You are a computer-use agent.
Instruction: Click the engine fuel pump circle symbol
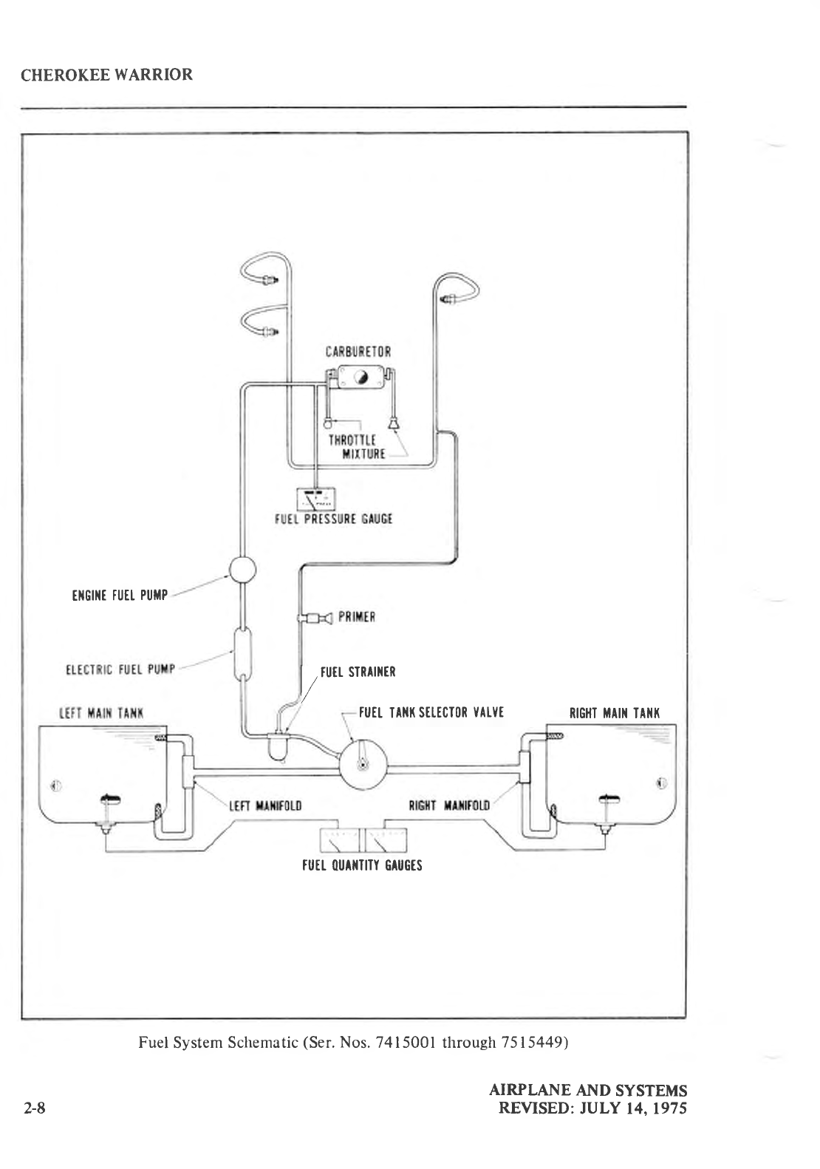241,570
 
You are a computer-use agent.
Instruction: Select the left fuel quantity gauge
338,840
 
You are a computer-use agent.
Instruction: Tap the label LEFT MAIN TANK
101,714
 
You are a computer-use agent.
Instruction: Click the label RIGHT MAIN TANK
615,714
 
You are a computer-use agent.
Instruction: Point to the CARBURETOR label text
358,352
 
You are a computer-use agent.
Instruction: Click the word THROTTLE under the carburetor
352,440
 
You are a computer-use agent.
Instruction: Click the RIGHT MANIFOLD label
449,805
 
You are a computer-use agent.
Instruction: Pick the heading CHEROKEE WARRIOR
107,75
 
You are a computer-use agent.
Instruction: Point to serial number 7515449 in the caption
534,1043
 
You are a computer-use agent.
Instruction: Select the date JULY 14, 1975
632,1108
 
